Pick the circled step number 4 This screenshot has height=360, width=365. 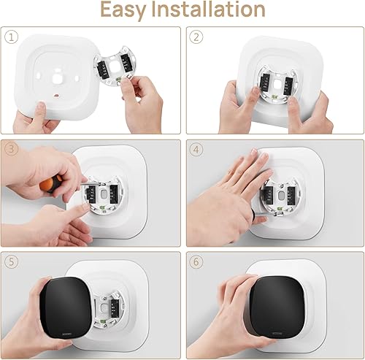(195, 149)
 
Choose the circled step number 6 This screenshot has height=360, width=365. (195, 260)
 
